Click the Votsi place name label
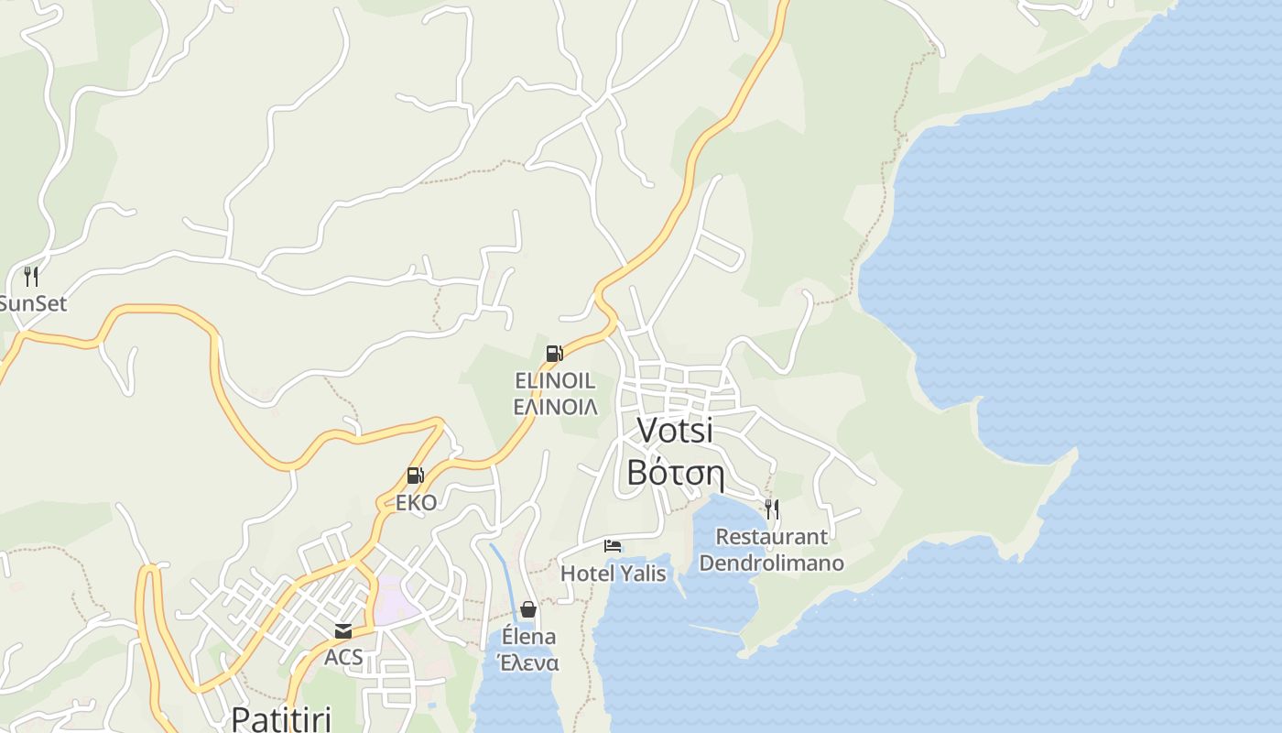pyautogui.click(x=674, y=431)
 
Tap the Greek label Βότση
pyautogui.click(x=676, y=474)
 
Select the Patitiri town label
pyautogui.click(x=280, y=717)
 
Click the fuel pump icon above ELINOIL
pyautogui.click(x=554, y=354)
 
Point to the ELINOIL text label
pyautogui.click(x=555, y=380)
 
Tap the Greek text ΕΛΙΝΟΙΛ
pyautogui.click(x=555, y=406)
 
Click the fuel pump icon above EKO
pyautogui.click(x=415, y=476)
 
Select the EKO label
pyautogui.click(x=416, y=502)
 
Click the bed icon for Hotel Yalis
pyautogui.click(x=613, y=547)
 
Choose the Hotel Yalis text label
pyautogui.click(x=613, y=574)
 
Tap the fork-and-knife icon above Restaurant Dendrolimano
pyautogui.click(x=772, y=509)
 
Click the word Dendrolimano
pyautogui.click(x=771, y=562)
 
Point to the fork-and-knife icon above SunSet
pyautogui.click(x=31, y=276)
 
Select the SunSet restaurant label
pyautogui.click(x=33, y=303)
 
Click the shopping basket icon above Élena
pyautogui.click(x=528, y=609)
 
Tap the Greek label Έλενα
pyautogui.click(x=527, y=662)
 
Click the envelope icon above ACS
pyautogui.click(x=343, y=631)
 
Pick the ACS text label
pyautogui.click(x=343, y=657)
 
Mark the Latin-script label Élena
pyautogui.click(x=528, y=637)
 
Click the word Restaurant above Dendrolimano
pyautogui.click(x=771, y=536)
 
